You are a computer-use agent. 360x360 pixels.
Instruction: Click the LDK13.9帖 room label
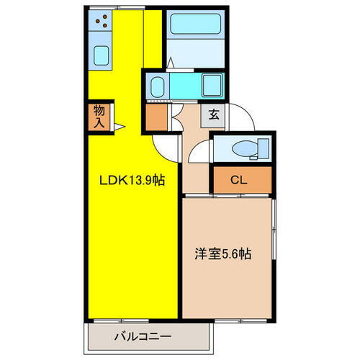[x=132, y=181]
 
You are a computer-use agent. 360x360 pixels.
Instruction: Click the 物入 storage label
[x=99, y=117]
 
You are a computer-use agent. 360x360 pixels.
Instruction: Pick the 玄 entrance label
[x=214, y=113]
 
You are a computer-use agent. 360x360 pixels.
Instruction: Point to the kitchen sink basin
[x=101, y=54]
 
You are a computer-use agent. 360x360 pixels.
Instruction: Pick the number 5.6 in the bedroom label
[x=234, y=253]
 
